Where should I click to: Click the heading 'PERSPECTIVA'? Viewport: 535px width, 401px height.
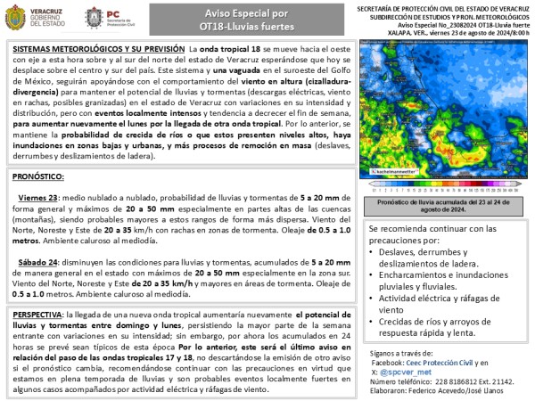[45, 315]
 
